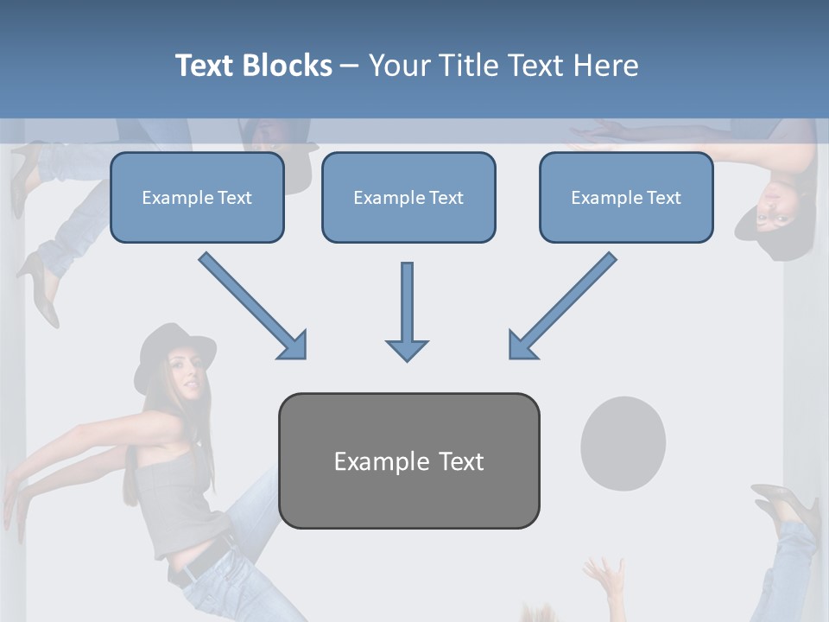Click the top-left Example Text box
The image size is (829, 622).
pyautogui.click(x=197, y=197)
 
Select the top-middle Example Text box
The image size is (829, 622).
pyautogui.click(x=408, y=197)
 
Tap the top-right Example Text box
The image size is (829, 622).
pyautogui.click(x=626, y=197)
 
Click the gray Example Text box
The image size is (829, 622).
pyautogui.click(x=408, y=460)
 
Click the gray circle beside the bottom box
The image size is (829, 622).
pyautogui.click(x=623, y=443)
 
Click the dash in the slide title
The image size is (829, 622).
pyautogui.click(x=350, y=66)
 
